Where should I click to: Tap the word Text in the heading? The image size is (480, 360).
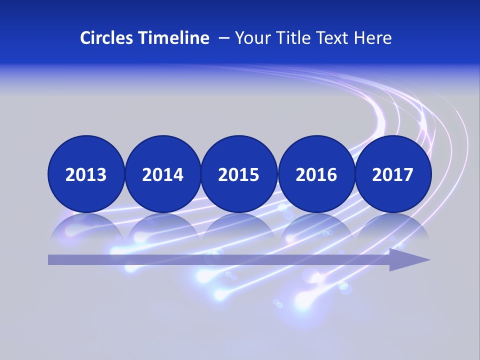332,38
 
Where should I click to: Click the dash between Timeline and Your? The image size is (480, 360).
224,38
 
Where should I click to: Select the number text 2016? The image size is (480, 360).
316,175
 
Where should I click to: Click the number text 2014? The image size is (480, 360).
162,175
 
